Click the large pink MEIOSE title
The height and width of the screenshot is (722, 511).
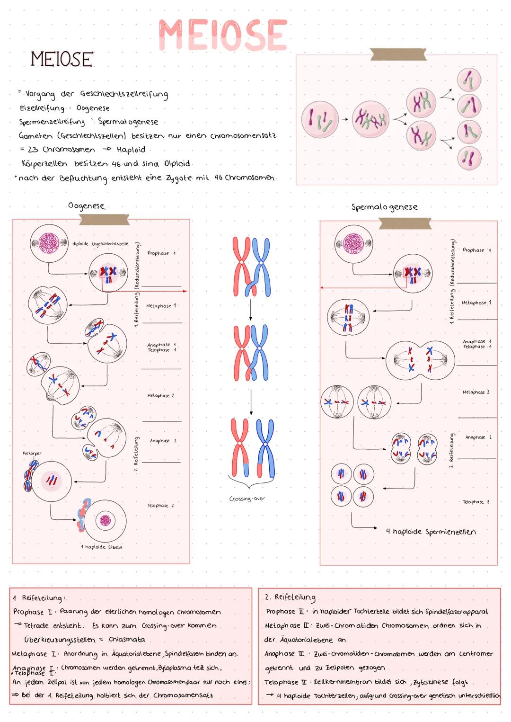click(223, 35)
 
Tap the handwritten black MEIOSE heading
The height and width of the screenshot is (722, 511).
click(62, 60)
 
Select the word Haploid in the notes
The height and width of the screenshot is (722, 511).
click(131, 150)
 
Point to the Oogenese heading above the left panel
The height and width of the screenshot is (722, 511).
click(87, 206)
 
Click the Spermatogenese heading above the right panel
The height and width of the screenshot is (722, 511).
click(384, 207)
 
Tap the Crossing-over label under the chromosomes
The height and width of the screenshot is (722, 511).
click(247, 499)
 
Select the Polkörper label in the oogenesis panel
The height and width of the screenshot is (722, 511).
click(32, 453)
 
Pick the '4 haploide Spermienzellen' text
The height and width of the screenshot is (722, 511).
click(431, 532)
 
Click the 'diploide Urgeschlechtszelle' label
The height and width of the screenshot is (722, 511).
click(100, 244)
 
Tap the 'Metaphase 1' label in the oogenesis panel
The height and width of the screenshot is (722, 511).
click(161, 306)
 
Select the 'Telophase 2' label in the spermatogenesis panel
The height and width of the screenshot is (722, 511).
click(476, 502)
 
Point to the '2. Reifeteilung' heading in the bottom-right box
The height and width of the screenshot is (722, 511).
click(290, 597)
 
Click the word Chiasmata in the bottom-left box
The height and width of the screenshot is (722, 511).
click(127, 640)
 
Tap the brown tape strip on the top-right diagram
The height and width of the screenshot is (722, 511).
click(398, 54)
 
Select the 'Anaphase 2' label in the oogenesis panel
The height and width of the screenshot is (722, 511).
click(163, 441)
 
